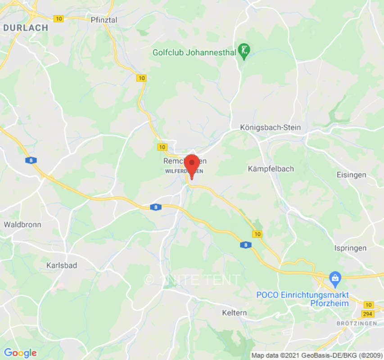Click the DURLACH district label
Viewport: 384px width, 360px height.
click(26, 28)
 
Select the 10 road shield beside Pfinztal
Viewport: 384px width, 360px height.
click(59, 19)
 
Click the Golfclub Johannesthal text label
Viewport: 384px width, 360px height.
click(194, 53)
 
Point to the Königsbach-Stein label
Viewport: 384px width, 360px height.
click(270, 127)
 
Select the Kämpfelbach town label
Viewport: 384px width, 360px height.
click(271, 169)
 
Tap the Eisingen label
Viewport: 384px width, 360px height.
click(352, 175)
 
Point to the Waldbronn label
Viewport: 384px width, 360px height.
click(23, 224)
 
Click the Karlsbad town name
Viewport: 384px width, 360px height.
click(62, 265)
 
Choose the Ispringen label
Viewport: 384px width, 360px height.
click(351, 248)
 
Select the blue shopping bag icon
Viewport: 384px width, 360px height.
click(335, 279)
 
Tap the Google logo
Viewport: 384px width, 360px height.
click(20, 353)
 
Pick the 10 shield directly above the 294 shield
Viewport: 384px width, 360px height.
click(369, 305)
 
